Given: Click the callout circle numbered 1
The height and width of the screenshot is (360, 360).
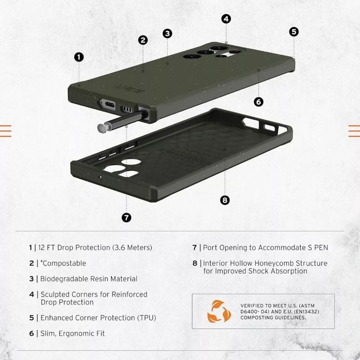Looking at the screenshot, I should point(79,57).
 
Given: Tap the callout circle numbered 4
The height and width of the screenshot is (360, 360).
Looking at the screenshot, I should point(226,19).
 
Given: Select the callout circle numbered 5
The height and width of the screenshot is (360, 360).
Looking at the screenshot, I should point(294,32).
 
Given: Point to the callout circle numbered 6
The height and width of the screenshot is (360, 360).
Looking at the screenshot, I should point(258,102).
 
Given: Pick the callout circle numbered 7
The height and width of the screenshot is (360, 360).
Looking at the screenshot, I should point(126,217).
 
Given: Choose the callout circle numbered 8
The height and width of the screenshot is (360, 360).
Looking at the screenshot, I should point(225,200).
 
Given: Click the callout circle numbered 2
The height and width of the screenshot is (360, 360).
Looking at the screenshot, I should point(143,40).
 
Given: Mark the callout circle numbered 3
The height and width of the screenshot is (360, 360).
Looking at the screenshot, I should point(167,33).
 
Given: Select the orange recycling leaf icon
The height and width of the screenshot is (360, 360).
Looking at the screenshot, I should point(217,311).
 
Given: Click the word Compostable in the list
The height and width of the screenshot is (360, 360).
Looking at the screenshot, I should point(64,263).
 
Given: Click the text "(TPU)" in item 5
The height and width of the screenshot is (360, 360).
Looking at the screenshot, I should point(147,318).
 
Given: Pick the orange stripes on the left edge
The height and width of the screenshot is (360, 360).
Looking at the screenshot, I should point(5,131).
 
